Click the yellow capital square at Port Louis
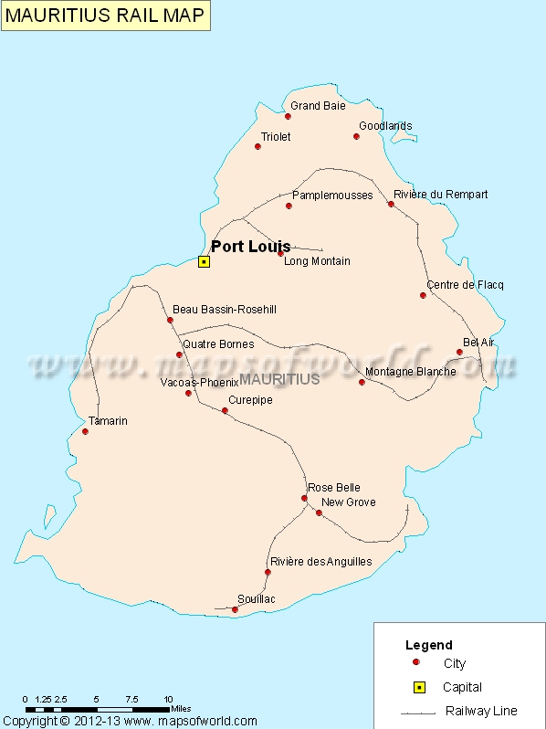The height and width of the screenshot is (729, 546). [x=204, y=261]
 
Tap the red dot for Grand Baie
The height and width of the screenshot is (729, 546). [x=288, y=116]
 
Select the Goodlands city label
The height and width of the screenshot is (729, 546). [x=385, y=126]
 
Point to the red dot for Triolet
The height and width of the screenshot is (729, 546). [x=257, y=146]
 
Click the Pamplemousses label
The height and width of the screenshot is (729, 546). [x=332, y=195]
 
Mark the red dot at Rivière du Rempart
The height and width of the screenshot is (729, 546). [x=391, y=204]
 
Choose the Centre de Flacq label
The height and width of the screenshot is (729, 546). [x=465, y=285]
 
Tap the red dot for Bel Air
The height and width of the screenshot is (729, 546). [x=459, y=352]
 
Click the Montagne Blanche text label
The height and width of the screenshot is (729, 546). [x=410, y=372]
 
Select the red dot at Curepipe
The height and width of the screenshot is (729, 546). [x=225, y=410]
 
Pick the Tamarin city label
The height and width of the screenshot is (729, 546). [x=108, y=421]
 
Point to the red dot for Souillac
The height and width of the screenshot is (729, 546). [x=235, y=609]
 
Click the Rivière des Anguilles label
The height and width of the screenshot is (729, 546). [x=320, y=562]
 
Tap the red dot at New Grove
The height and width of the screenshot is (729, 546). [x=319, y=512]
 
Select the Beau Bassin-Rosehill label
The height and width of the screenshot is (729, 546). [x=224, y=310]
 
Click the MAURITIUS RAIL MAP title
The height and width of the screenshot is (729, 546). [x=104, y=15]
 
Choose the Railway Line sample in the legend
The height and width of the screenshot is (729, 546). [x=416, y=712]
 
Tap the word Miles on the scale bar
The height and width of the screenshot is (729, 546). [x=181, y=708]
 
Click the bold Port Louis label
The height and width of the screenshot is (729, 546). [x=251, y=247]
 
